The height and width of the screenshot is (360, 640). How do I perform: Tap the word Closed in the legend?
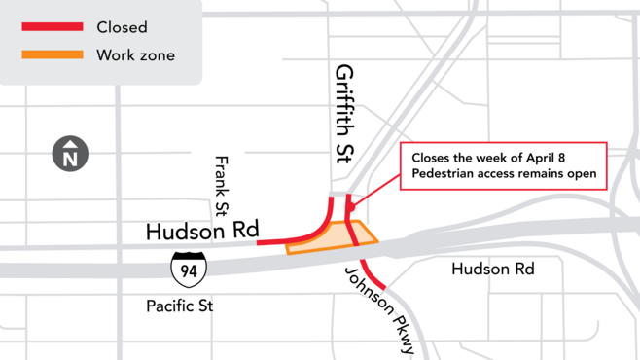(122, 26)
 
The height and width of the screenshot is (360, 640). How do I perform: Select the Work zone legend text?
(135, 55)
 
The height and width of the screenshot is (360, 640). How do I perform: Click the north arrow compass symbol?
(70, 154)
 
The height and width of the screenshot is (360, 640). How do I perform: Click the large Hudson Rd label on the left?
(201, 232)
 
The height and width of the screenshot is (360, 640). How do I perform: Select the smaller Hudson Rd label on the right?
(492, 269)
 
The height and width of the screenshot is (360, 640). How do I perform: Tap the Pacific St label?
(179, 306)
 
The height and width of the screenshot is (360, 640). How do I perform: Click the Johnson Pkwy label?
(380, 309)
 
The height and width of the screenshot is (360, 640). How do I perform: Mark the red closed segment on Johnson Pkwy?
(374, 275)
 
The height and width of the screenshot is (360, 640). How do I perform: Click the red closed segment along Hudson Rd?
(287, 238)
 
